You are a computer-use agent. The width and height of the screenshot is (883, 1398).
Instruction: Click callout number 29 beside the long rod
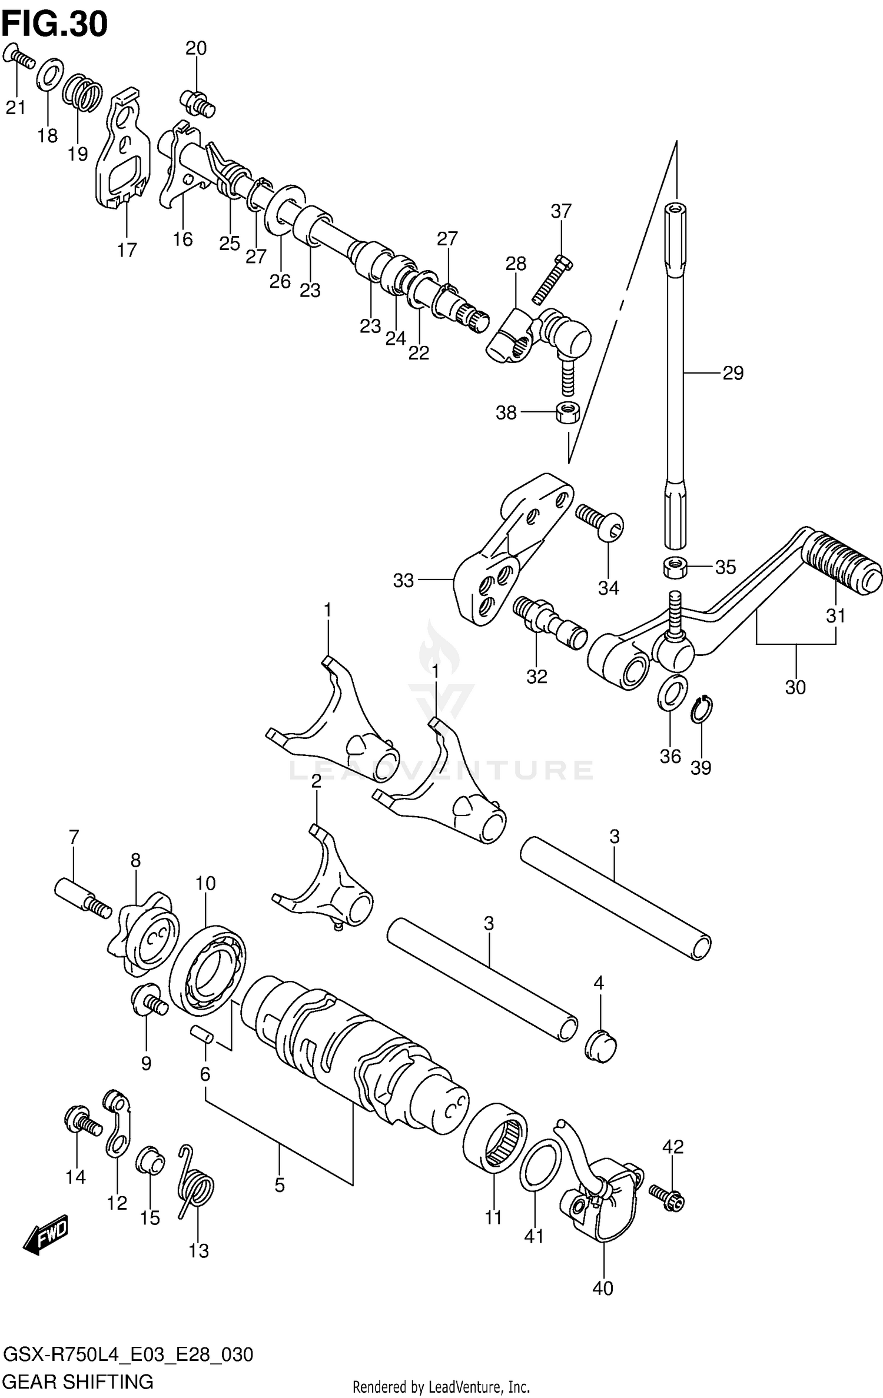pos(733,373)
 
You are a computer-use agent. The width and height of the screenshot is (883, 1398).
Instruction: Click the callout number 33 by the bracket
pos(404,581)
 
